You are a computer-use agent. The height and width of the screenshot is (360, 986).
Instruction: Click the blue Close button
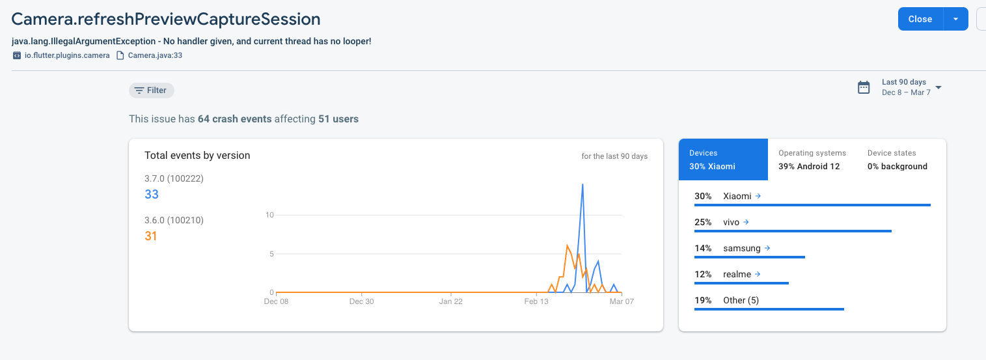[920, 19]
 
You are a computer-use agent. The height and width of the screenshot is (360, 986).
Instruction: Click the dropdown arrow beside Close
[955, 19]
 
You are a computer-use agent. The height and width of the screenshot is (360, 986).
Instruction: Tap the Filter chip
[151, 90]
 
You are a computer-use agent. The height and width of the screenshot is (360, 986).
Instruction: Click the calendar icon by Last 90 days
[864, 87]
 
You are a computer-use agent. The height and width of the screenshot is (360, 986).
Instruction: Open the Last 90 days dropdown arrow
[938, 87]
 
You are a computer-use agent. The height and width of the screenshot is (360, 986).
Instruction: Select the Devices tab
[723, 159]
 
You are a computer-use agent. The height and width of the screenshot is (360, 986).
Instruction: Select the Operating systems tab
[812, 159]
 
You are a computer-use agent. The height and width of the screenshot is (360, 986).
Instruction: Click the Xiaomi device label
[737, 196]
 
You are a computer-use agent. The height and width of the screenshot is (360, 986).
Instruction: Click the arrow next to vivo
[746, 222]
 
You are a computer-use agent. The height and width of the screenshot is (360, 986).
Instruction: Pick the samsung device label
[741, 248]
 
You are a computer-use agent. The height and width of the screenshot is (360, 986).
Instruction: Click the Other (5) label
[741, 300]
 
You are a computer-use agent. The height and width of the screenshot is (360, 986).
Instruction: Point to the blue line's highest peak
[582, 184]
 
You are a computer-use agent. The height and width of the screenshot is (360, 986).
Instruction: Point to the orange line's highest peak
[568, 245]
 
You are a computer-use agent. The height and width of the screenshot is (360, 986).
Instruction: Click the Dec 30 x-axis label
[361, 301]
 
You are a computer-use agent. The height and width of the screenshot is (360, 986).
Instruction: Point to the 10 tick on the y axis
[270, 215]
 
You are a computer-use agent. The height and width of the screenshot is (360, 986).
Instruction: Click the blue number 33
[152, 194]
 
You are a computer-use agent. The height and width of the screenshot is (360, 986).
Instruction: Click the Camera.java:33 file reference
[154, 55]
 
